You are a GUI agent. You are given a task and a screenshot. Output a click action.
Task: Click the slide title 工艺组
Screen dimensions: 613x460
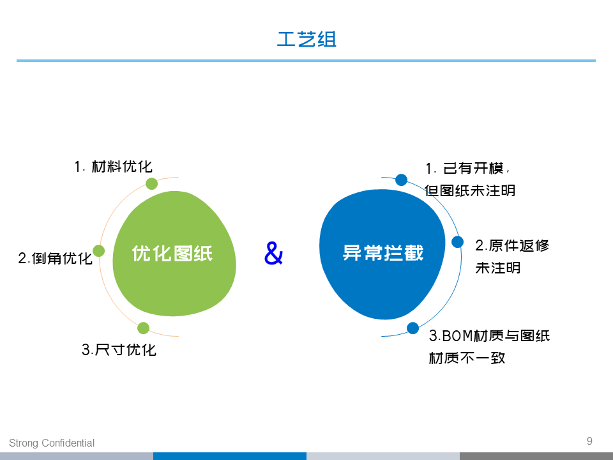[306, 39]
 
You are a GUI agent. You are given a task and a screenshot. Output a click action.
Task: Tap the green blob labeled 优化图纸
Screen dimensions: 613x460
[174, 254]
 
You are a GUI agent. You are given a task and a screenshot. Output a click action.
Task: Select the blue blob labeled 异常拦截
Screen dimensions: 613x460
[382, 254]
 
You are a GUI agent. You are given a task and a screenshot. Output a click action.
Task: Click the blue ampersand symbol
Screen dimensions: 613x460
[273, 253]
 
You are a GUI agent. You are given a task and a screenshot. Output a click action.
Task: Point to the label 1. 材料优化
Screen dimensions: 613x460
[114, 167]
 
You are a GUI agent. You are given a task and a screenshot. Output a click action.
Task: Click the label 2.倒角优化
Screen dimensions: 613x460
[55, 258]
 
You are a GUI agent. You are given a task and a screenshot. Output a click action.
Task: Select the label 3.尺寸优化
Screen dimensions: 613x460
[119, 349]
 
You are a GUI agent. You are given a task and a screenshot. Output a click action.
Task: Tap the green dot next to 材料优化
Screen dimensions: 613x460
[152, 183]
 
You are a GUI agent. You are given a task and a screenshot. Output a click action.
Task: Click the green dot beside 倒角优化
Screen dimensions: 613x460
[98, 250]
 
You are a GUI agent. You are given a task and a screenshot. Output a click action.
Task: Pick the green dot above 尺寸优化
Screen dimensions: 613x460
[144, 328]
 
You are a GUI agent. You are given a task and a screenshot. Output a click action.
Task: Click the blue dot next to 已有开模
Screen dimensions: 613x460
[401, 180]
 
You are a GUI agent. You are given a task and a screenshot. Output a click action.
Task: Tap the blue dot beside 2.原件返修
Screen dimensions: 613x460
[457, 241]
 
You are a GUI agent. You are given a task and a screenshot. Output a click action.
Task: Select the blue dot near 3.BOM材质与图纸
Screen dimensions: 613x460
[413, 328]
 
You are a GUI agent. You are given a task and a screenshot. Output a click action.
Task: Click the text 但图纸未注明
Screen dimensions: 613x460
[470, 190]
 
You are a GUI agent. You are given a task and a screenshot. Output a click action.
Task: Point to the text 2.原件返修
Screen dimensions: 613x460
[512, 245]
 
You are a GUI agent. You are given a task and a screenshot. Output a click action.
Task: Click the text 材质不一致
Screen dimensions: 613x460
[467, 358]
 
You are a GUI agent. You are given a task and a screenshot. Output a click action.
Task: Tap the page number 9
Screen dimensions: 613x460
[589, 441]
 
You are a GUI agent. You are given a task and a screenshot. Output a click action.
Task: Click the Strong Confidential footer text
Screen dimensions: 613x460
[52, 443]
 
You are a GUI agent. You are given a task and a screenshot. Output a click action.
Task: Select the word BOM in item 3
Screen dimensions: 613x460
[458, 335]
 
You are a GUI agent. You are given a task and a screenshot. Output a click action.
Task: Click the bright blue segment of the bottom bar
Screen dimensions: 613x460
[230, 456]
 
